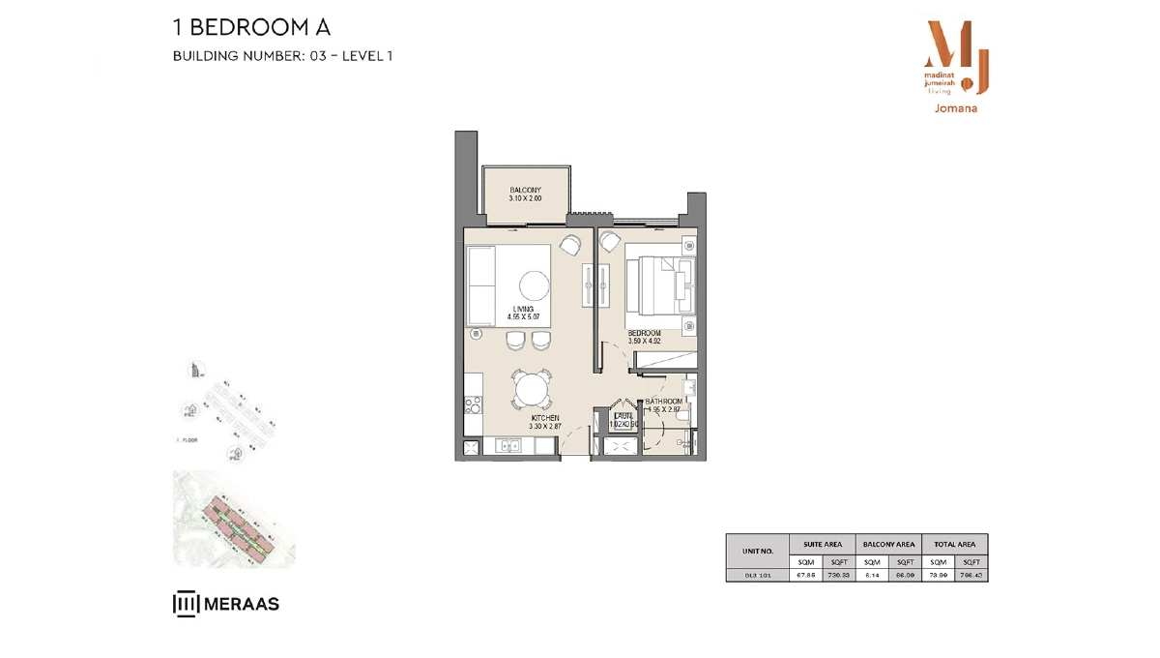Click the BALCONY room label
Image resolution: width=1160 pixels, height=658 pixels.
(525, 190)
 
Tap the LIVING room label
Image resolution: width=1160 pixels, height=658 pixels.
(523, 310)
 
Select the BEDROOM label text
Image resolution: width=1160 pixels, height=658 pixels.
(644, 334)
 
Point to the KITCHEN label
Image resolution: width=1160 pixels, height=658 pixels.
(544, 418)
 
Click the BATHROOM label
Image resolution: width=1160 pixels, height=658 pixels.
(664, 401)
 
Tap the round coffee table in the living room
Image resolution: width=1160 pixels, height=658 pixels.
(534, 285)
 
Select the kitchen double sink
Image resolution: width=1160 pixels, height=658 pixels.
(508, 445)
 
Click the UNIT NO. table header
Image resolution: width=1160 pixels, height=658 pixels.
(757, 552)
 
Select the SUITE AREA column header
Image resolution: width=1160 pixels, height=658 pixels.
(822, 545)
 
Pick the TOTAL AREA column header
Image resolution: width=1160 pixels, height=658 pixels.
(955, 545)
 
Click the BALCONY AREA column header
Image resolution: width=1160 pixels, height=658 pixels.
(888, 545)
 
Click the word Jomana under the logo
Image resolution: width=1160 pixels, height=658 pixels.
(956, 108)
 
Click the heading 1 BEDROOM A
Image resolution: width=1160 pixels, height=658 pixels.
(251, 28)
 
